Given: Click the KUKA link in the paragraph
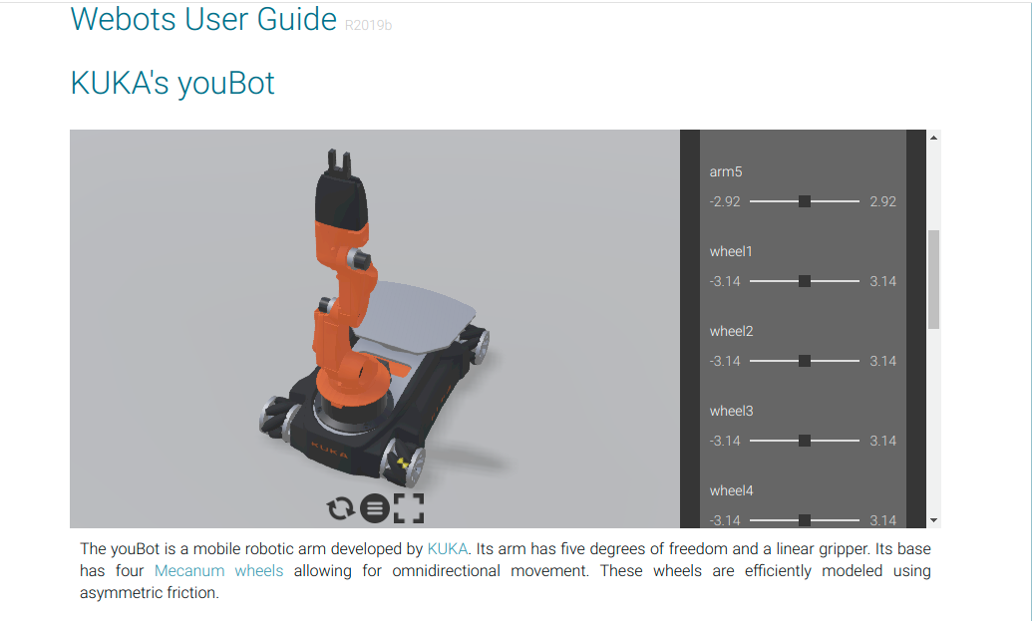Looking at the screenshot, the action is pyautogui.click(x=448, y=548).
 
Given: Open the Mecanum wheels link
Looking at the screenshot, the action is pyautogui.click(x=218, y=570).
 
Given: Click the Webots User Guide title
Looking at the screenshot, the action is pyautogui.click(x=203, y=19).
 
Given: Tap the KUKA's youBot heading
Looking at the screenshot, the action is pyautogui.click(x=172, y=83).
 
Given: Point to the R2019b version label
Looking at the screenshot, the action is pyautogui.click(x=368, y=25).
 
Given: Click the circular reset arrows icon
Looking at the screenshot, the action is pyautogui.click(x=340, y=507).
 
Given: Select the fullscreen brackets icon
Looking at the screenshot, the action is pyautogui.click(x=409, y=507).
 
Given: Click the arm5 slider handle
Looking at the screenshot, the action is pyautogui.click(x=805, y=201).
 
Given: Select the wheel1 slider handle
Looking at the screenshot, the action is pyautogui.click(x=805, y=281).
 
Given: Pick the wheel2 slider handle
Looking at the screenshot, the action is pyautogui.click(x=805, y=361).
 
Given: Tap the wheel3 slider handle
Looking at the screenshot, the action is pyautogui.click(x=805, y=441).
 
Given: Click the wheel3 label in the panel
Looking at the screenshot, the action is pyautogui.click(x=731, y=411).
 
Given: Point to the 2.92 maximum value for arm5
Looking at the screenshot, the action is pyautogui.click(x=882, y=201).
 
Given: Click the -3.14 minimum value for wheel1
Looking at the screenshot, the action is pyautogui.click(x=725, y=281).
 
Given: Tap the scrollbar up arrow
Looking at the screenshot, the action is pyautogui.click(x=933, y=138).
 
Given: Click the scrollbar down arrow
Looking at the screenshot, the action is pyautogui.click(x=933, y=520).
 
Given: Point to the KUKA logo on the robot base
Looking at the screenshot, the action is pyautogui.click(x=330, y=451).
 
